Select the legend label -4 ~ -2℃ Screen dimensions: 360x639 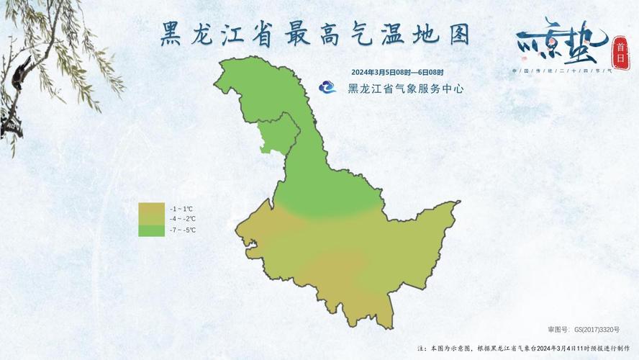coord(183,219)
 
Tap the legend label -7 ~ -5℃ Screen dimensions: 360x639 coord(183,230)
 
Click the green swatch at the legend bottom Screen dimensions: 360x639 coord(150,230)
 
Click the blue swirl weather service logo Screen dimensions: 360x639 coord(329,88)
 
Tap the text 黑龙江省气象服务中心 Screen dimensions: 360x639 coord(405,89)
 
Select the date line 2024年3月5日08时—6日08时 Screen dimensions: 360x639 coord(397,73)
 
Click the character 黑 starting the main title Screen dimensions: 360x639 coord(171,34)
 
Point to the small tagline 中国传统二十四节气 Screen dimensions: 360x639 coord(561,71)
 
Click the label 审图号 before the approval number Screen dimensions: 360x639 coord(558,329)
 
